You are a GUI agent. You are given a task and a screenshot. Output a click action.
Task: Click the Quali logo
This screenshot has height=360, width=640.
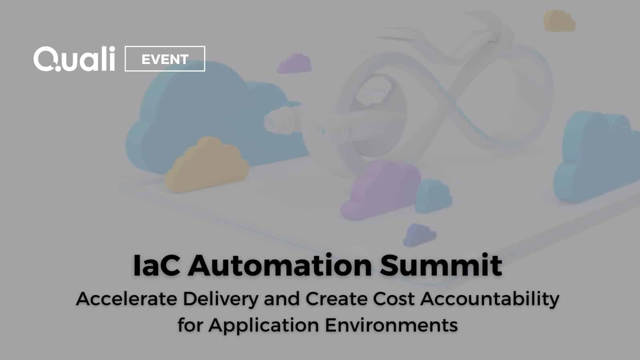tap(74, 58)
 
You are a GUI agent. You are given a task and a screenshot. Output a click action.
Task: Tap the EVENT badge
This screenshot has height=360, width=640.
tap(165, 58)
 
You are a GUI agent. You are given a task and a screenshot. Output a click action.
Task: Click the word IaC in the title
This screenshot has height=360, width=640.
tap(156, 265)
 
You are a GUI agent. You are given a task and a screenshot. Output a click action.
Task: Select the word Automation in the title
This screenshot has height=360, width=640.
tap(280, 265)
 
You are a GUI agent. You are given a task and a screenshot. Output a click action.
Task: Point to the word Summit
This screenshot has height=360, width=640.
tap(441, 265)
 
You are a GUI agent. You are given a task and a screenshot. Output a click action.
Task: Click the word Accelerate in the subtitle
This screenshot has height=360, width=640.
tap(126, 299)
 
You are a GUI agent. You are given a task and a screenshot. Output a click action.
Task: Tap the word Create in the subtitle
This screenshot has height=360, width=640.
tap(336, 299)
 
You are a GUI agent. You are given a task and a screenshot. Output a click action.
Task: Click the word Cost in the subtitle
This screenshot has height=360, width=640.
tap(394, 299)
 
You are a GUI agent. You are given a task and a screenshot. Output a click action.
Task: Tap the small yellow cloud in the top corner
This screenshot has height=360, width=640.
tap(559, 21)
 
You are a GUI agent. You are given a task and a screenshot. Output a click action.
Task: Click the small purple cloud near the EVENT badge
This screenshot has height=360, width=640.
tap(294, 64)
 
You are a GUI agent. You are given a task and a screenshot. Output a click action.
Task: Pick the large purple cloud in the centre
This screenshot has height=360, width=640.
tap(380, 190)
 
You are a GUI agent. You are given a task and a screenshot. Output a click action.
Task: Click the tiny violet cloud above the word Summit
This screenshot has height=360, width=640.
tap(419, 235)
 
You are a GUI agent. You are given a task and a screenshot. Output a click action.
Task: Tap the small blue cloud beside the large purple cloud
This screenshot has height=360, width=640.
tap(433, 196)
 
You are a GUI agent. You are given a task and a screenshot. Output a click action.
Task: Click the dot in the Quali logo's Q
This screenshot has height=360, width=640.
tap(58, 68)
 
